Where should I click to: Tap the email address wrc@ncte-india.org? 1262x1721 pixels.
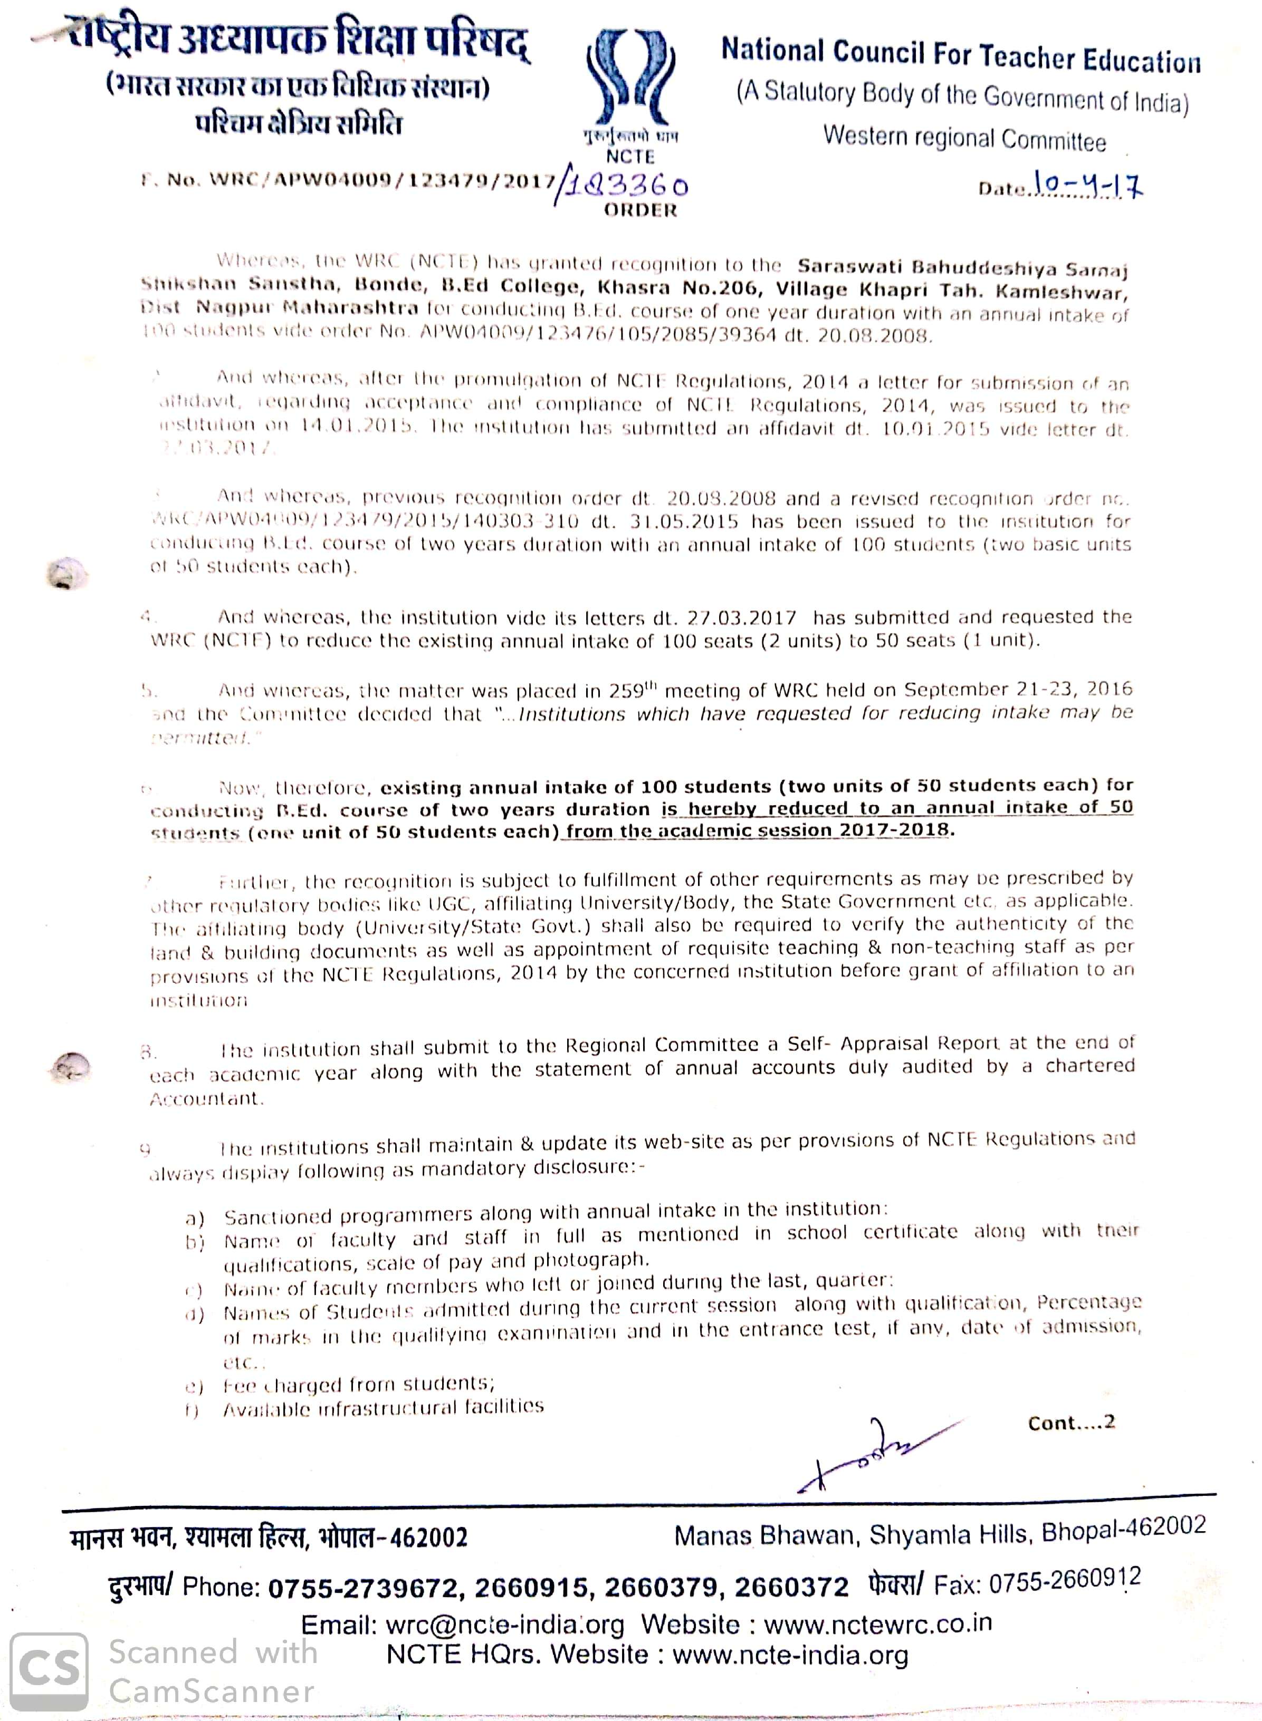(x=504, y=1624)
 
